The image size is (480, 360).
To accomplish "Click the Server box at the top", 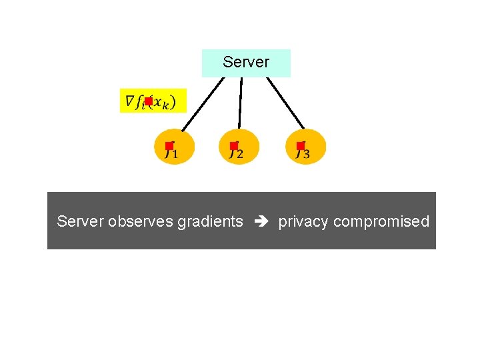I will click(246, 63).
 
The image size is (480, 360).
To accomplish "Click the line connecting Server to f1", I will click(203, 104).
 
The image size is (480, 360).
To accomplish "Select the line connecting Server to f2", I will click(241, 103).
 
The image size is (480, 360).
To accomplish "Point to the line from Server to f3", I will click(285, 103).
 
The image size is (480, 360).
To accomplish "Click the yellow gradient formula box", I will click(153, 101).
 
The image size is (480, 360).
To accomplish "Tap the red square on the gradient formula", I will click(148, 101).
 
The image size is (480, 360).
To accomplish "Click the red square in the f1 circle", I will click(169, 145).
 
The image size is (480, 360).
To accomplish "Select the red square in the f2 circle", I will click(234, 145).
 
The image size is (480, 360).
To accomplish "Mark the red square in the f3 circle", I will click(301, 145).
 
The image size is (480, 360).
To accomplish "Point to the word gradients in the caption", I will click(210, 222).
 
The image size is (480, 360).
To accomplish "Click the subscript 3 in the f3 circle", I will click(306, 155).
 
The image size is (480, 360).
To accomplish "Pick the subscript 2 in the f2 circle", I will click(240, 155).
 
